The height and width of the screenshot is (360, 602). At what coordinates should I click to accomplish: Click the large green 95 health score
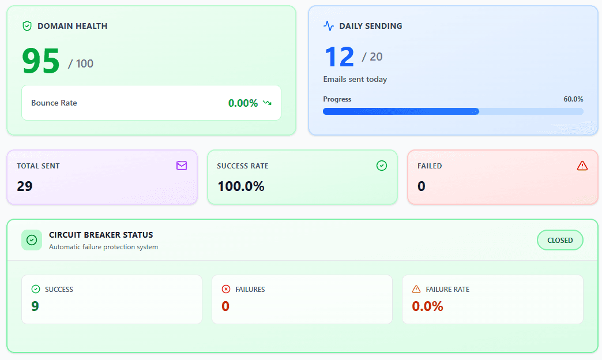click(x=41, y=61)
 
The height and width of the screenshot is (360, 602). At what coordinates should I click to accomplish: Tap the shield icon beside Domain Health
click(x=27, y=26)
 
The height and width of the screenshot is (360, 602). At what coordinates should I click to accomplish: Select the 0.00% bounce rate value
click(x=243, y=103)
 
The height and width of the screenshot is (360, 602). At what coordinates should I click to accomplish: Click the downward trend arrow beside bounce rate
click(x=267, y=103)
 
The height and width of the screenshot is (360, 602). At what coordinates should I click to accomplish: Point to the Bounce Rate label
click(x=54, y=103)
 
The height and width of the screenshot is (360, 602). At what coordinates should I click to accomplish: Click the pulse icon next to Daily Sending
click(x=329, y=26)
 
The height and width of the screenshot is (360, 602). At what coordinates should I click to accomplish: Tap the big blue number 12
click(x=339, y=57)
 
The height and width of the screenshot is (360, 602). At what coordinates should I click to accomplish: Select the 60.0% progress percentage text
click(x=573, y=99)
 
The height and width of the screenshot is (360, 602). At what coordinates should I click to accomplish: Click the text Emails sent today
click(x=355, y=79)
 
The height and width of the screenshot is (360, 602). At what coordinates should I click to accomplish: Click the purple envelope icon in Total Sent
click(x=182, y=166)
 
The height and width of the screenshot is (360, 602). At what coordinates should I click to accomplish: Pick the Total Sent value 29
click(x=25, y=186)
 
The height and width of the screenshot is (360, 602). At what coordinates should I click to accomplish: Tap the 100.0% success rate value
click(x=240, y=186)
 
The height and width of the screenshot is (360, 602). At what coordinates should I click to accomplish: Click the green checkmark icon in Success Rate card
click(x=381, y=166)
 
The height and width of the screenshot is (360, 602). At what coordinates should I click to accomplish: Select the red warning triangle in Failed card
click(x=582, y=166)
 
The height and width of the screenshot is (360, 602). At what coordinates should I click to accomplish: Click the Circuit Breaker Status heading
click(x=101, y=235)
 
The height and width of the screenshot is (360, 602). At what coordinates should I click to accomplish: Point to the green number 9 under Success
click(x=35, y=306)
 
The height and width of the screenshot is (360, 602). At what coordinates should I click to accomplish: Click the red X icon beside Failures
click(x=226, y=289)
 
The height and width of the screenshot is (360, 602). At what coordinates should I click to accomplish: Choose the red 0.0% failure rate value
click(x=427, y=306)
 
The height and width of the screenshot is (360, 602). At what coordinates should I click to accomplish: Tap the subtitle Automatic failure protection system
click(x=103, y=247)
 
